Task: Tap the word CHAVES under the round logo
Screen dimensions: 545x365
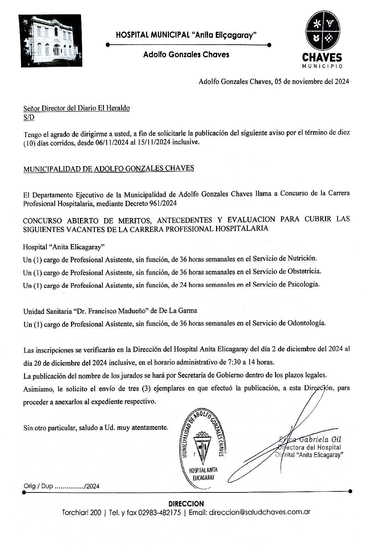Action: pos(322,58)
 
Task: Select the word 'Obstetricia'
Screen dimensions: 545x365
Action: pos(304,271)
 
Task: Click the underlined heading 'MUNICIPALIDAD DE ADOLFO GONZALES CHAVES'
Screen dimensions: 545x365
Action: pos(109,169)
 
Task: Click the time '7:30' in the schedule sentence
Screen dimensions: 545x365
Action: pos(234,362)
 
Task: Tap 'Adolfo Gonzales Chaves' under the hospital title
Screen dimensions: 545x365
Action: pos(186,55)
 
